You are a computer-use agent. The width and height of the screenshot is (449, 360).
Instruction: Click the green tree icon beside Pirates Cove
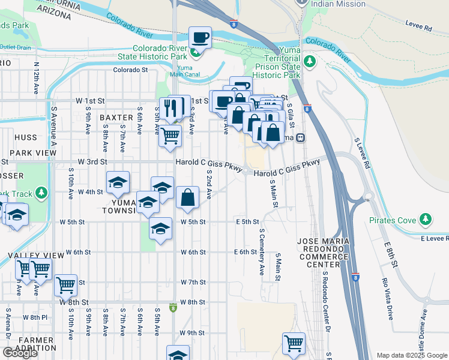tap(426, 220)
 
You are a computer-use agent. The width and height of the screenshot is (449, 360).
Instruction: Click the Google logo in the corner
tap(20, 353)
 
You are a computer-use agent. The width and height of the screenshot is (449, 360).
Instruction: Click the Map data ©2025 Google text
tap(411, 355)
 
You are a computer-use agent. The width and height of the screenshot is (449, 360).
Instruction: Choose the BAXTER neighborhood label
tap(116, 117)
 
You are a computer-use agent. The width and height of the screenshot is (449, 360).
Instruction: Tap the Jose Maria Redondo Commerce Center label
tap(322, 252)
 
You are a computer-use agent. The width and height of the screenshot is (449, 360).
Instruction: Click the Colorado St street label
tap(131, 70)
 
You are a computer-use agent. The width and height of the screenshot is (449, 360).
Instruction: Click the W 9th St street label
tap(192, 332)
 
